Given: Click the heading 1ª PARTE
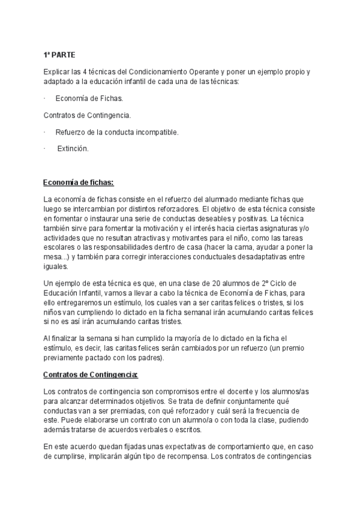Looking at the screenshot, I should click(x=59, y=55).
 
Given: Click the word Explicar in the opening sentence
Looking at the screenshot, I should click(x=56, y=72).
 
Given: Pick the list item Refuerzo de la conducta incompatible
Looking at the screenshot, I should click(x=117, y=132).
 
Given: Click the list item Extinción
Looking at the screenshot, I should click(x=73, y=149).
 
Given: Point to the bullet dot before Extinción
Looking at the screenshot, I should click(x=45, y=149).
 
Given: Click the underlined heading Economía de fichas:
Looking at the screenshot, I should click(x=78, y=182).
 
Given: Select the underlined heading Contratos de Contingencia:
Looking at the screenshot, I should click(x=91, y=375).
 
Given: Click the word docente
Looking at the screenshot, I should click(x=208, y=392).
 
